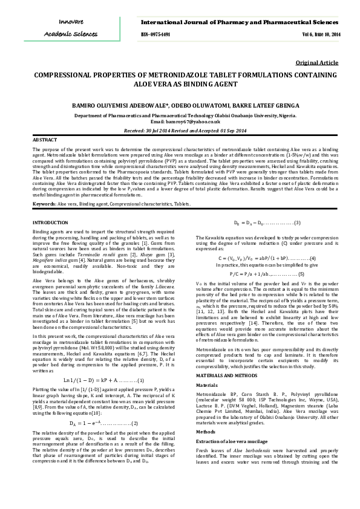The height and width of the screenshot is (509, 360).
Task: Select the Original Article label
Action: tap(317, 63)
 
